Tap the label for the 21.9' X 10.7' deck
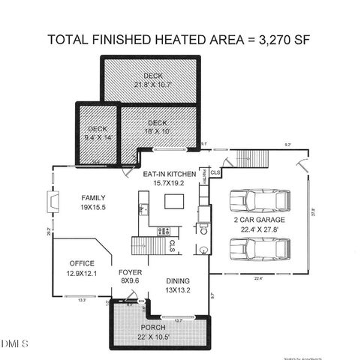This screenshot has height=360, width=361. click(x=153, y=80)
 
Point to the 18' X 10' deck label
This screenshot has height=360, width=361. click(x=157, y=127)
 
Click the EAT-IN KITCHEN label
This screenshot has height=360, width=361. click(x=170, y=177)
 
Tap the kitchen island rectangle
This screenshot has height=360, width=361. click(x=174, y=200)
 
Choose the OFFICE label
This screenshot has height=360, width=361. click(x=80, y=267)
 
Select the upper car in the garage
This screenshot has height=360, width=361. click(x=254, y=202)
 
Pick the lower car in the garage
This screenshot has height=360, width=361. click(x=254, y=250)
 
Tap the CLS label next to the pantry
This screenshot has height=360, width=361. click(x=215, y=172)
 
